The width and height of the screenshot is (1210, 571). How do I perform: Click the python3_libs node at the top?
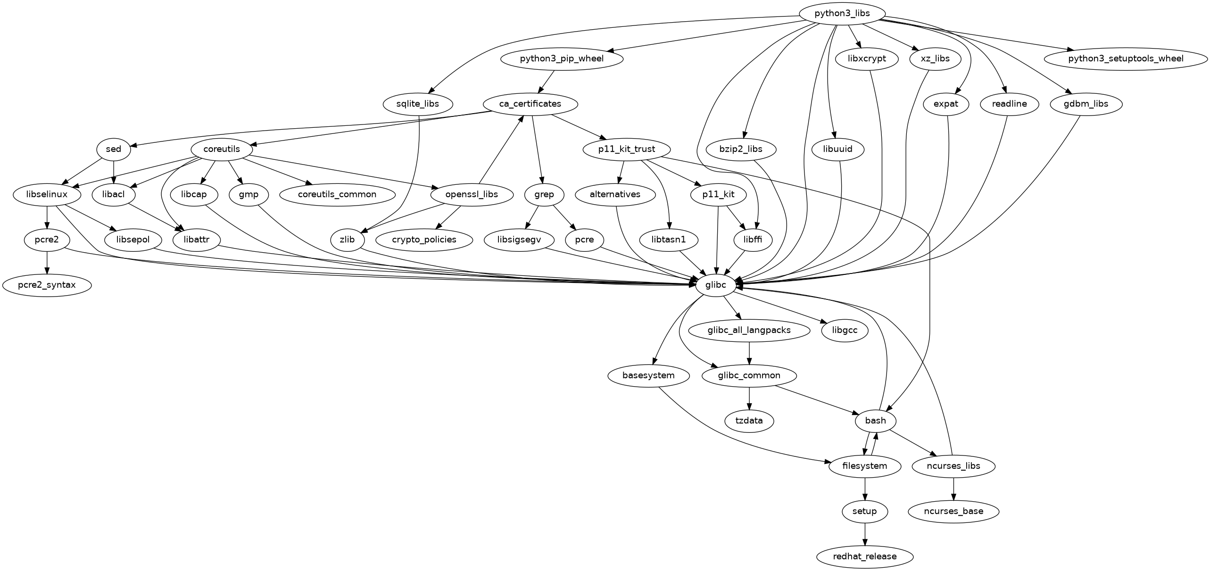(x=842, y=13)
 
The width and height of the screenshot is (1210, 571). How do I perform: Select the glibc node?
(x=715, y=285)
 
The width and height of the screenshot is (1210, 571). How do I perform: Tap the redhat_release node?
(x=864, y=556)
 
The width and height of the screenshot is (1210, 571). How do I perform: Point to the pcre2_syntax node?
(x=46, y=285)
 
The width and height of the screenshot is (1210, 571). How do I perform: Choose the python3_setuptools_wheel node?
(x=1126, y=58)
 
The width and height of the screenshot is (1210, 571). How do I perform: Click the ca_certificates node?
(x=530, y=104)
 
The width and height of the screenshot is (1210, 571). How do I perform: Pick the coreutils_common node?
(x=337, y=194)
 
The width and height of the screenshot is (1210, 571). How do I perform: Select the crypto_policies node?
(x=424, y=240)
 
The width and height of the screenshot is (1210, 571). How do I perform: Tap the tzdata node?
(x=749, y=421)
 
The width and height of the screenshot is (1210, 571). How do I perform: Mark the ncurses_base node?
(x=953, y=511)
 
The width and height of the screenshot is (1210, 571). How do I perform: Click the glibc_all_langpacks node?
(x=749, y=330)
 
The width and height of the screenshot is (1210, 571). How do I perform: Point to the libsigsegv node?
(x=519, y=240)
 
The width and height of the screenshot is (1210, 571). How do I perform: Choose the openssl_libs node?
(x=472, y=194)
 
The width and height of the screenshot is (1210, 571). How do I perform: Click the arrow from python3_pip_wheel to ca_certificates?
(x=547, y=81)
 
